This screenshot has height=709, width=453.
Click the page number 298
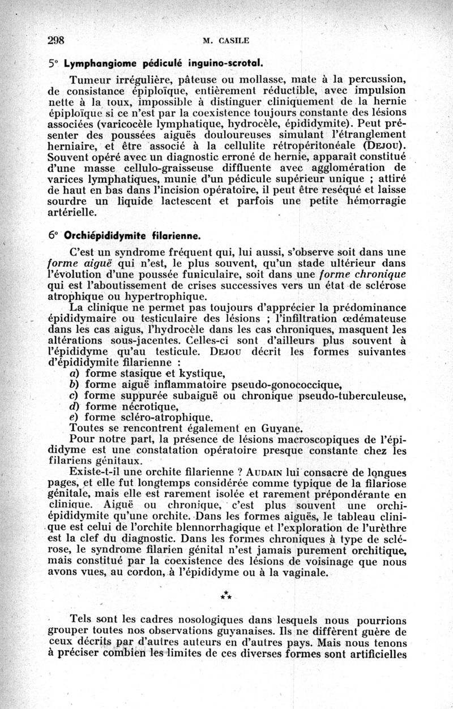(x=57, y=40)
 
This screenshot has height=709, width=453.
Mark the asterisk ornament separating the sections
(x=226, y=595)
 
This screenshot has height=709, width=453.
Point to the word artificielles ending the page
(x=373, y=655)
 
